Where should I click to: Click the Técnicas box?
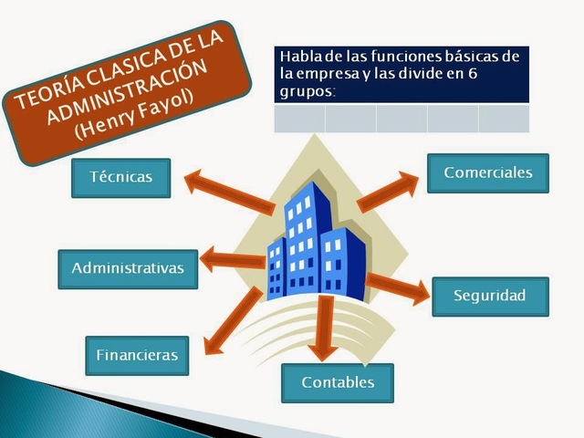click(x=120, y=177)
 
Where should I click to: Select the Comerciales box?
click(x=487, y=172)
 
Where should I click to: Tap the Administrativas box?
click(x=127, y=268)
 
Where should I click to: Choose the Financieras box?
click(x=137, y=356)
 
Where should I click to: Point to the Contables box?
click(x=338, y=383)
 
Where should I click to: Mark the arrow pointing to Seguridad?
click(x=396, y=287)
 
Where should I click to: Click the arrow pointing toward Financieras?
click(x=232, y=320)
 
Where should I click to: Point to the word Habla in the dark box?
click(x=297, y=57)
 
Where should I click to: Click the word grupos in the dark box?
click(x=306, y=91)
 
